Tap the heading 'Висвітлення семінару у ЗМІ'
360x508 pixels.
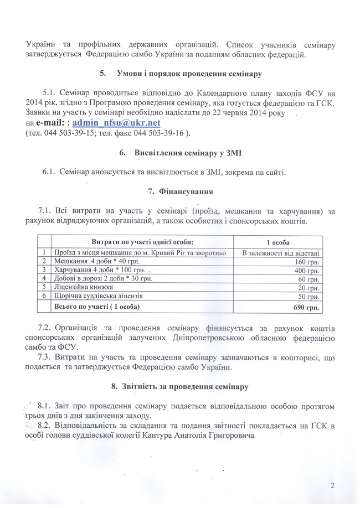pyautogui.click(x=188, y=152)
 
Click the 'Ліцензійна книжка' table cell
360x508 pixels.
pyautogui.click(x=83, y=287)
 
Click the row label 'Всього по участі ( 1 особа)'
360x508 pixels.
pyautogui.click(x=95, y=305)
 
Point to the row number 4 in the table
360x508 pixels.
pyautogui.click(x=43, y=278)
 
